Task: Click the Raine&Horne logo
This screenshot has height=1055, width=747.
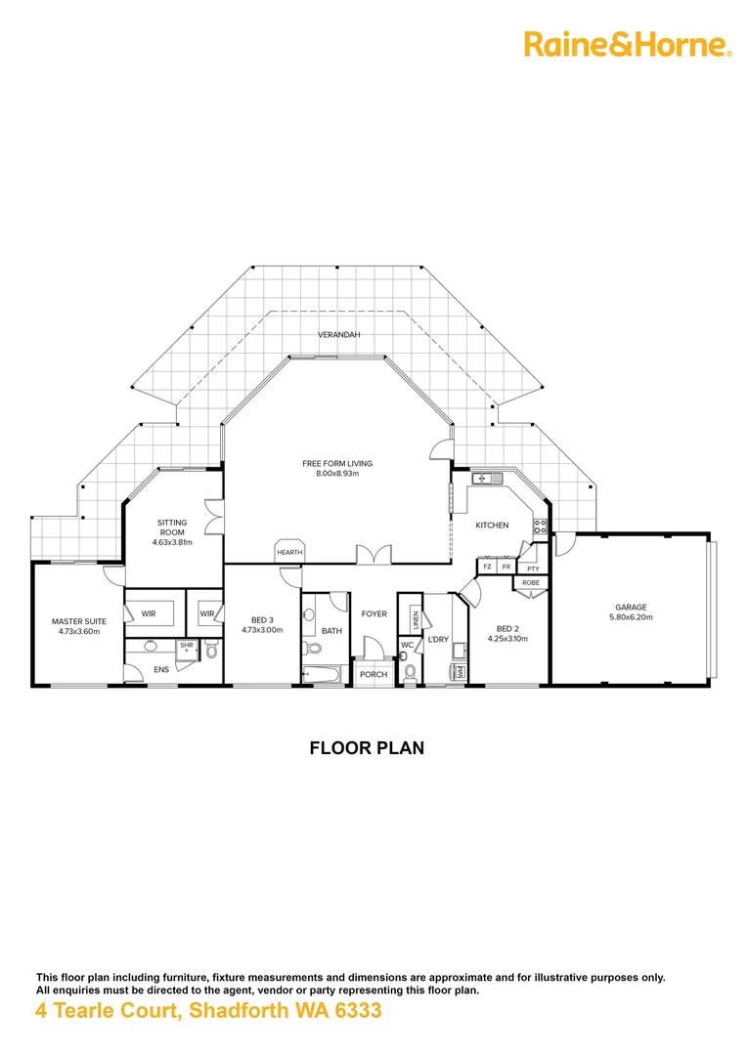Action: click(628, 44)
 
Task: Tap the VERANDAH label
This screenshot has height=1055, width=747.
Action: click(339, 335)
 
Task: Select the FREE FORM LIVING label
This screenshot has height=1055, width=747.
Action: click(337, 463)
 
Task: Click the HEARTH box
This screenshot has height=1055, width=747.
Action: click(289, 552)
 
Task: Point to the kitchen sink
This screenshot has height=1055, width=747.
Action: click(485, 478)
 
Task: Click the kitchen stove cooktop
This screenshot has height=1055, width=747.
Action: click(539, 528)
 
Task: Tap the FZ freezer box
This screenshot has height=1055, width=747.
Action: click(487, 567)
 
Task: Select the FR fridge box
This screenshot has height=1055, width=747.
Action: click(506, 567)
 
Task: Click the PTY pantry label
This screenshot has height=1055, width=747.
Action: click(532, 568)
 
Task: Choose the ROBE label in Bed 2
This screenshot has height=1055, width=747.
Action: click(531, 582)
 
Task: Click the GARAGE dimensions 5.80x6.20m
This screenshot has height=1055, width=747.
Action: click(631, 617)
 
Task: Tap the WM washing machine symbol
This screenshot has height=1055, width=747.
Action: click(459, 672)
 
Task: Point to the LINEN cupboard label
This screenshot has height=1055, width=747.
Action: click(416, 618)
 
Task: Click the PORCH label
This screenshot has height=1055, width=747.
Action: click(373, 675)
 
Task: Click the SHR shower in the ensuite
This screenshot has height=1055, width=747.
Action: click(186, 646)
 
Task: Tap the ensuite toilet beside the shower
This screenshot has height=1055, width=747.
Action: click(210, 649)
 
